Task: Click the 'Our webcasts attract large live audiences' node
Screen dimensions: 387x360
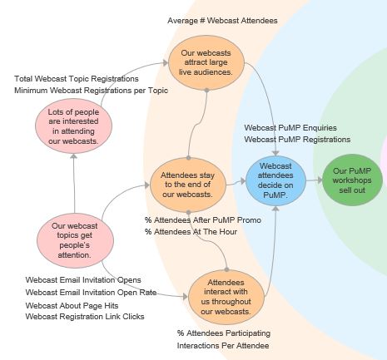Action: click(206, 62)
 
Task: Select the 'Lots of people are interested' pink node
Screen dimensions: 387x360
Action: click(73, 126)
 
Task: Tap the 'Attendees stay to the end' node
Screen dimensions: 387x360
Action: click(188, 185)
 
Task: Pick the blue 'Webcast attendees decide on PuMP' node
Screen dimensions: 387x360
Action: click(275, 180)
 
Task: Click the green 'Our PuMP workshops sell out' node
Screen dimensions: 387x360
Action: click(352, 180)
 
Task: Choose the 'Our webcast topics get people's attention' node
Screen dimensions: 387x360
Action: click(75, 240)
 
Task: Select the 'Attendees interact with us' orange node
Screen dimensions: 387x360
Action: click(226, 297)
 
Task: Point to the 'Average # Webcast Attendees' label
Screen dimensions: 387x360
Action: click(222, 21)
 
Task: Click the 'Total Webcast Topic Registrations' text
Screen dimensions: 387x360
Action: click(77, 79)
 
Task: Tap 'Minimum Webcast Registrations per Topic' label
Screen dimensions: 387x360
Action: click(92, 91)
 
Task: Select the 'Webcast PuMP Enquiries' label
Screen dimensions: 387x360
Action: click(290, 128)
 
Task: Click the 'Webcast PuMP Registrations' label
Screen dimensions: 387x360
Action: click(297, 139)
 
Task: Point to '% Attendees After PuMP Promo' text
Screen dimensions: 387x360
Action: click(203, 220)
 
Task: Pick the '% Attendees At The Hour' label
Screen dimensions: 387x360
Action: click(191, 232)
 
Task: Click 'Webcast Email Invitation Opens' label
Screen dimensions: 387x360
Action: click(83, 280)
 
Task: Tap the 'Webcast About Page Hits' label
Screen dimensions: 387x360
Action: click(72, 306)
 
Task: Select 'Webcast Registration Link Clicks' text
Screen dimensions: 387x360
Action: click(85, 317)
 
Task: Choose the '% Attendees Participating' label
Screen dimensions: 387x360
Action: click(224, 333)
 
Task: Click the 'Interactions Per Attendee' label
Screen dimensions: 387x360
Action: click(223, 346)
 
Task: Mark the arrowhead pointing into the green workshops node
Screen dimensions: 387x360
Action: click(320, 180)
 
